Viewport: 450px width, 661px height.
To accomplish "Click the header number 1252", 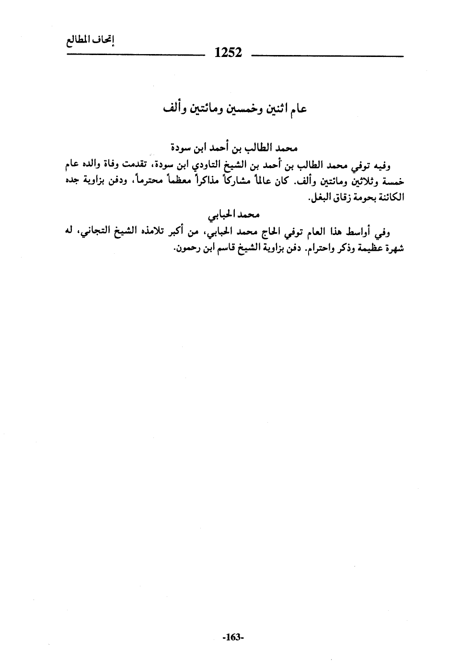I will [229, 53].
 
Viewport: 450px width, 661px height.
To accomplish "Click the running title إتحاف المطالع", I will [90, 42].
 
